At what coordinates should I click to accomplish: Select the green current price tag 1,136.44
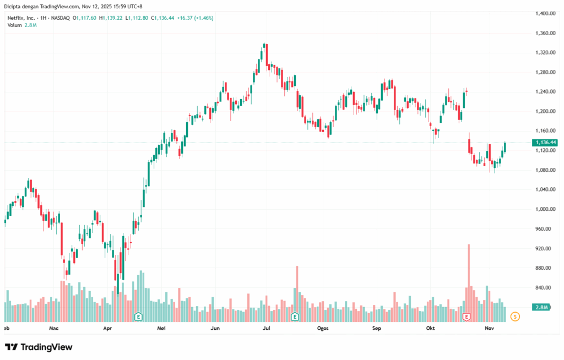pyautogui.click(x=544, y=143)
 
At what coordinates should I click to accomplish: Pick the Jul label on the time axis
pyautogui.click(x=267, y=328)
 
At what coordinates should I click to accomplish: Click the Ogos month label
pyautogui.click(x=323, y=328)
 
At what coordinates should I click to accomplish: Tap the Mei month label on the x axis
pyautogui.click(x=161, y=328)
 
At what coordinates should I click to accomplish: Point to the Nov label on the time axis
pyautogui.click(x=489, y=328)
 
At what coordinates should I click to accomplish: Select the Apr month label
pyautogui.click(x=107, y=328)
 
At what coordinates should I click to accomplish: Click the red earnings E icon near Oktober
pyautogui.click(x=467, y=317)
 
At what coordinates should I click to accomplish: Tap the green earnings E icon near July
pyautogui.click(x=295, y=317)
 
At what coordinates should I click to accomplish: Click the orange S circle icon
pyautogui.click(x=515, y=317)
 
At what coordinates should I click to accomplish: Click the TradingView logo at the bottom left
pyautogui.click(x=39, y=347)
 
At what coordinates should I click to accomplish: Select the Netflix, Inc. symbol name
pyautogui.click(x=22, y=18)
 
